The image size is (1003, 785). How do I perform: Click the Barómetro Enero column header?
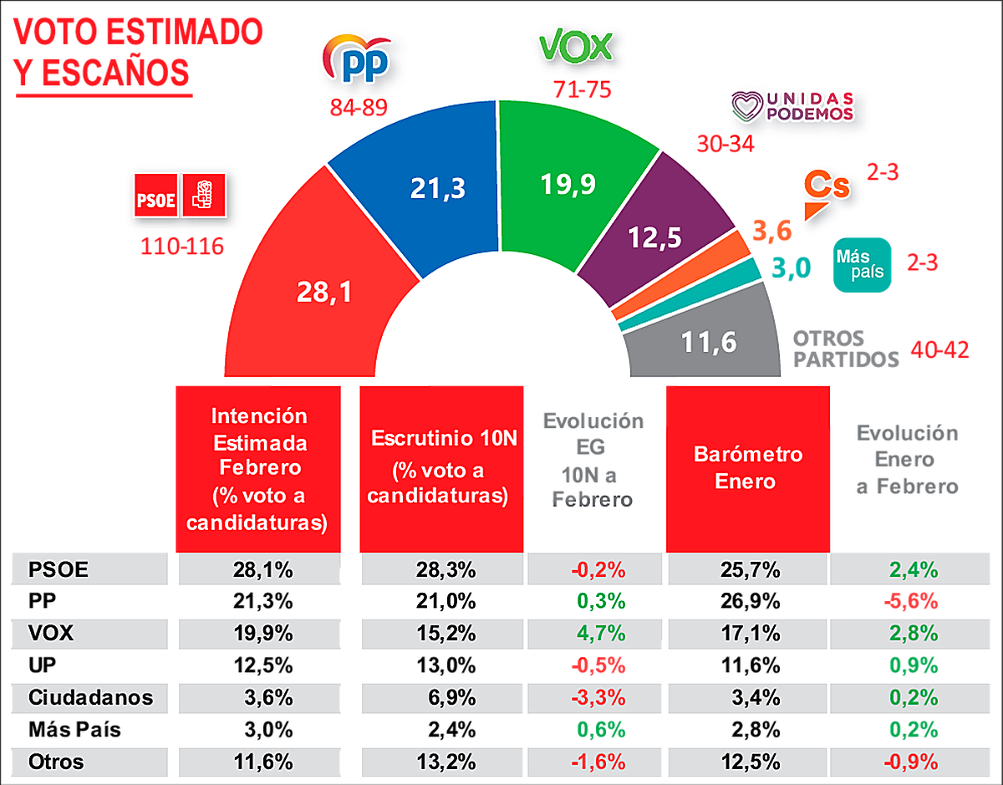click(x=748, y=468)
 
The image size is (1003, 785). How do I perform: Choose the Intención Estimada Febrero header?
click(x=258, y=469)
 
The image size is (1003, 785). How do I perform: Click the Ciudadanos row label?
click(x=91, y=697)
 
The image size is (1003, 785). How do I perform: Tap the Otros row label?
click(x=56, y=762)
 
